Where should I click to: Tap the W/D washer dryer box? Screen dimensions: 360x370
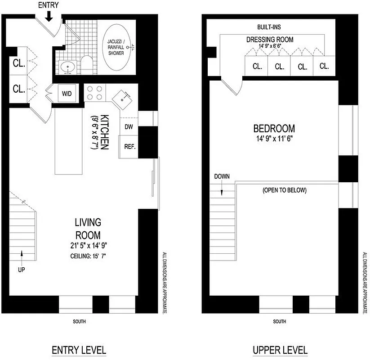tap(67, 94)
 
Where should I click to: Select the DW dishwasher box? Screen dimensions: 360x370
tap(128, 126)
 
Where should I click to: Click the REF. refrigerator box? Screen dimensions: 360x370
tap(129, 147)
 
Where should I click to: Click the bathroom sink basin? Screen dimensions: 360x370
tap(68, 68)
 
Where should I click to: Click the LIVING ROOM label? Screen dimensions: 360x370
tap(88, 229)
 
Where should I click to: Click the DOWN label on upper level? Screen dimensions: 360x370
tap(222, 176)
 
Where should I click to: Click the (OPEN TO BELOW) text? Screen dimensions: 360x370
tap(284, 190)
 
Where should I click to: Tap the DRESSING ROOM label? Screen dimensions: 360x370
tap(270, 40)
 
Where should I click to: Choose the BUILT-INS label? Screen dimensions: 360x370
tap(269, 27)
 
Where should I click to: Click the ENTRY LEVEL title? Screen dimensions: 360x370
tap(79, 350)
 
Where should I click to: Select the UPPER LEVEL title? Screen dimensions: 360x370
tap(280, 350)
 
